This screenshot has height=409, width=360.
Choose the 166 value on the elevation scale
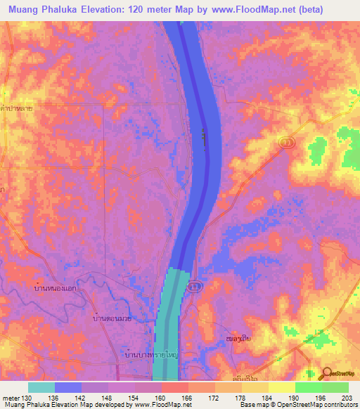pyautogui.click(x=186, y=398)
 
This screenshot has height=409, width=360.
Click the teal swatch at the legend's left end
pyautogui.click(x=41, y=387)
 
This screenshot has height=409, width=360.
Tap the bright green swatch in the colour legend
pyautogui.click(x=308, y=387)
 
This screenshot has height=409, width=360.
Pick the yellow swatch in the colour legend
pyautogui.click(x=281, y=387)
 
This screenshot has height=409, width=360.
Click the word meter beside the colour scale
pyautogui.click(x=11, y=398)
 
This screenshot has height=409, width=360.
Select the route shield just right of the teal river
pyautogui.click(x=195, y=285)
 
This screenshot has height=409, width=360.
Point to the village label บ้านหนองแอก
pyautogui.click(x=57, y=288)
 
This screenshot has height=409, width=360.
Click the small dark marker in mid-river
pyautogui.click(x=203, y=138)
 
